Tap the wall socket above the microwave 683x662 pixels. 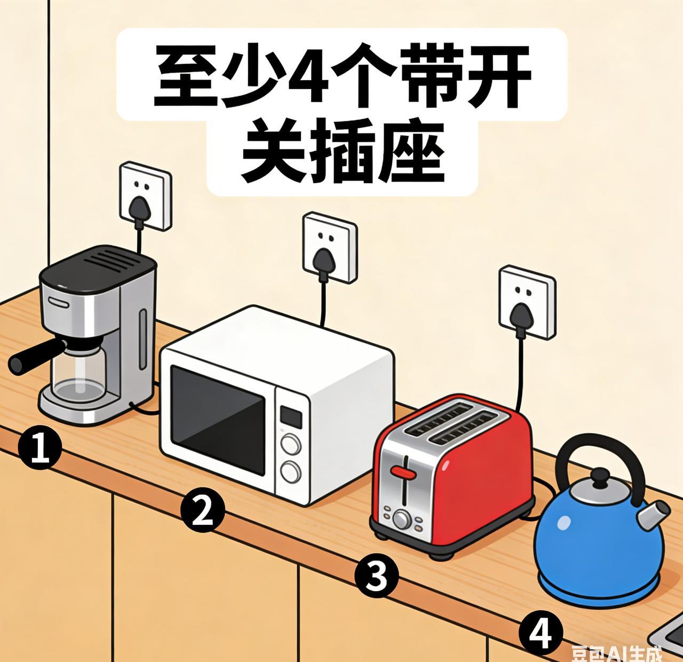tap(329, 247)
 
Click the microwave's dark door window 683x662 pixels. tap(218, 408)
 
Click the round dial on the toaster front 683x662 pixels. tap(402, 518)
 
